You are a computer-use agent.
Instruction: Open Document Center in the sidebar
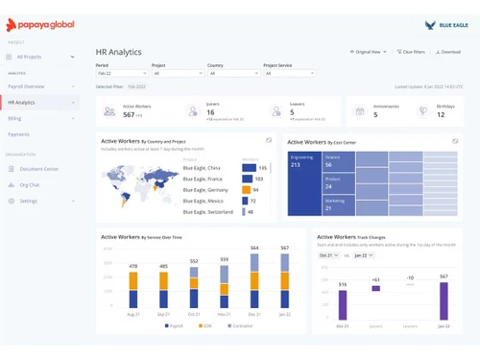point(38,169)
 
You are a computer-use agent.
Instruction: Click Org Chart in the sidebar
point(30,184)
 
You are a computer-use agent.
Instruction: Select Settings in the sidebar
point(28,201)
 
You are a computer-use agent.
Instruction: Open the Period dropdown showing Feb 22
point(120,73)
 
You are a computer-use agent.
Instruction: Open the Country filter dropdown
point(231,73)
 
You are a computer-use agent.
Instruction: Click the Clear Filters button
point(411,51)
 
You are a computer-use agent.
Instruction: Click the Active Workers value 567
point(129,115)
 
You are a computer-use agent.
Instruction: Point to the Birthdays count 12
point(441,115)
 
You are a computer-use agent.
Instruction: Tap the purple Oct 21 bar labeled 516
point(342,304)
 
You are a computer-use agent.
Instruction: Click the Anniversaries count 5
point(375,115)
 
